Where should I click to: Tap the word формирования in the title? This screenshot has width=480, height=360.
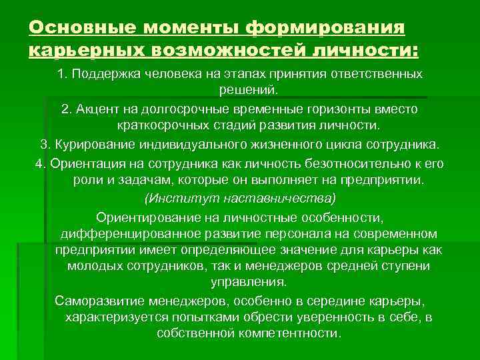(325, 27)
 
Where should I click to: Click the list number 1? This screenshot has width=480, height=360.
(62, 73)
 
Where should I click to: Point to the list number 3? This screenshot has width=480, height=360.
(44, 145)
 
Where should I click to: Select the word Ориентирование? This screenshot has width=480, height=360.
(142, 217)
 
